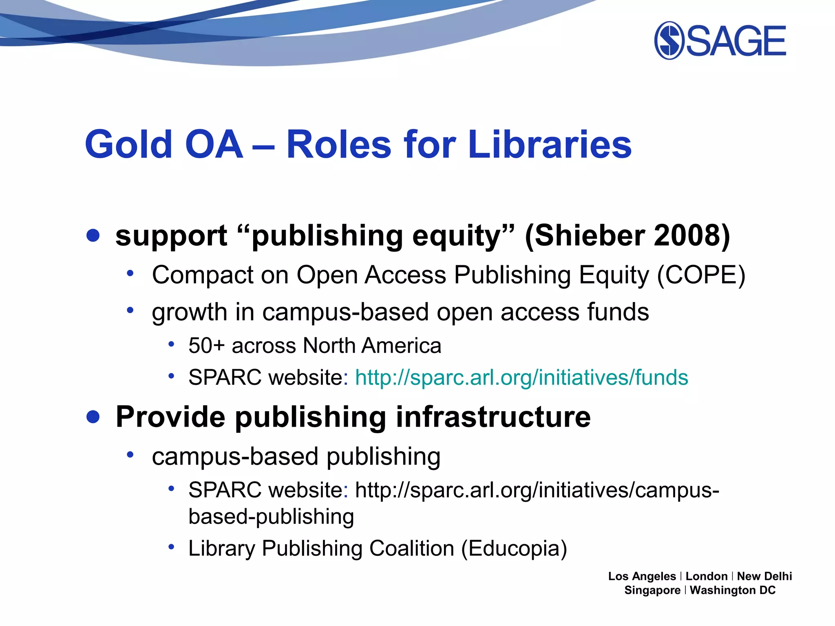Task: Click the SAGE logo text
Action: click(x=736, y=41)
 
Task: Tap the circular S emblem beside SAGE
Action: click(x=669, y=41)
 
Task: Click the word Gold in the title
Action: click(x=129, y=144)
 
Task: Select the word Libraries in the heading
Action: click(x=550, y=144)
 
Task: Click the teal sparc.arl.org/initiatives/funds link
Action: click(x=521, y=377)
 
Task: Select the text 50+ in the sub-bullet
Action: click(x=207, y=346)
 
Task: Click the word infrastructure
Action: click(x=493, y=417)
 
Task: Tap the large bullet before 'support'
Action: click(x=93, y=235)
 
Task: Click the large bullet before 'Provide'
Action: click(x=93, y=417)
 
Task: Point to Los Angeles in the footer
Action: click(x=642, y=576)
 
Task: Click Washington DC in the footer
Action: click(x=732, y=590)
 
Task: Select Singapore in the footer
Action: click(x=652, y=590)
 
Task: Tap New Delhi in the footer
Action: click(x=764, y=576)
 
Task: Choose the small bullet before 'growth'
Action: click(x=130, y=311)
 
